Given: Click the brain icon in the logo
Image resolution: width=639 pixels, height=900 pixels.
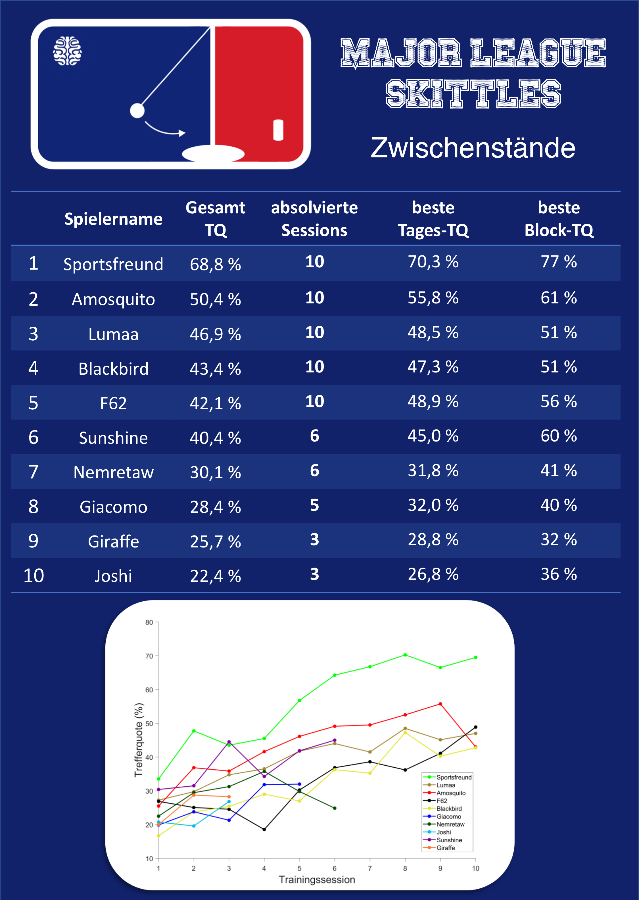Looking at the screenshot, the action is pos(67,51).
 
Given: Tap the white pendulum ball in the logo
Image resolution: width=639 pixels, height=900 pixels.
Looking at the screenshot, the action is pos(137,111).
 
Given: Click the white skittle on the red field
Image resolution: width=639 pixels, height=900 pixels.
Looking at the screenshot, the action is pos(278,130).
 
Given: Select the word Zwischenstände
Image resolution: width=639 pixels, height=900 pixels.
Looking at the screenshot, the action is pos(473,148).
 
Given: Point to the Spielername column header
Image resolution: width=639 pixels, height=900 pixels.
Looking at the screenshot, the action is pos(113,219).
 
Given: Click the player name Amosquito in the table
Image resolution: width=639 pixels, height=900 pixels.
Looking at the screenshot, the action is pos(113,299).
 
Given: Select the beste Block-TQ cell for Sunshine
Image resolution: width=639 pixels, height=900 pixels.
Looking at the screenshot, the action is pos(559,436).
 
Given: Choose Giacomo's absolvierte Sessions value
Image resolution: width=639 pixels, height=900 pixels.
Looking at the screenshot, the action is pos(314,505).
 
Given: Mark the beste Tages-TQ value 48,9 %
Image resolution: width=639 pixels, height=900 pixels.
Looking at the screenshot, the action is pos(433,401).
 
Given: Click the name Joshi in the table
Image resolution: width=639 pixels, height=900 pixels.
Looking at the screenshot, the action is pos(113,576).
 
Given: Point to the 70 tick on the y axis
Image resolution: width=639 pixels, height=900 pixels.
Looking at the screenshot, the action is pos(149,656).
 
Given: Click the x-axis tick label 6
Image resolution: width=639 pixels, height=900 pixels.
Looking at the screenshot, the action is pos(335,868).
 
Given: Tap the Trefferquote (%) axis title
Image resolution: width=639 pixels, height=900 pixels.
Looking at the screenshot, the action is pos(139,740).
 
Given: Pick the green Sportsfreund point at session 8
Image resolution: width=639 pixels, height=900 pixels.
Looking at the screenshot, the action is pos(405,655).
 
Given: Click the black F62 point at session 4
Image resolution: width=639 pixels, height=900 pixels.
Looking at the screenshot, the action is pos(264,829).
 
